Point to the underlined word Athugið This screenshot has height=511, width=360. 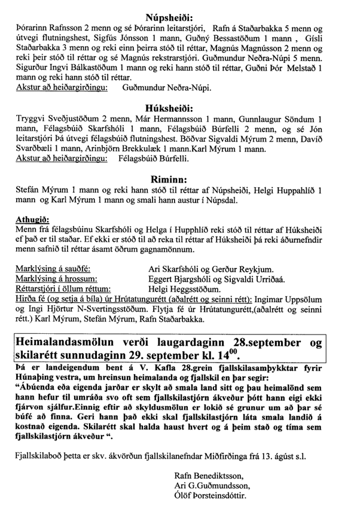[28, 220]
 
